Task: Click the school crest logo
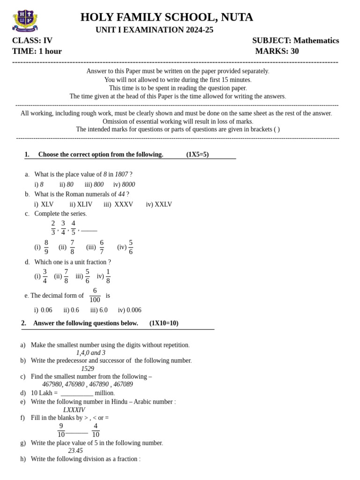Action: click(x=24, y=21)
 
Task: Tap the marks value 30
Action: click(x=294, y=51)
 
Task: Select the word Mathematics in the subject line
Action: click(x=316, y=41)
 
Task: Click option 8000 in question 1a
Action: click(x=128, y=185)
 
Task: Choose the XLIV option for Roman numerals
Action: click(x=84, y=204)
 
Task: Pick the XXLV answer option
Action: click(x=163, y=204)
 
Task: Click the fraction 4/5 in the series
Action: click(x=73, y=228)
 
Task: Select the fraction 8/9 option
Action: click(x=46, y=247)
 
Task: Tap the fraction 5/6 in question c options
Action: click(x=131, y=247)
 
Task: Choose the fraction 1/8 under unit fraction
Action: click(x=108, y=277)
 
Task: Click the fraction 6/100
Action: click(x=95, y=295)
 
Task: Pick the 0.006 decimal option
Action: click(x=133, y=310)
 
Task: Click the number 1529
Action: click(x=88, y=369)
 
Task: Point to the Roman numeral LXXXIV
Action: click(x=74, y=410)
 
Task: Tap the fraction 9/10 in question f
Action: click(x=61, y=430)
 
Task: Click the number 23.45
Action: click(x=75, y=451)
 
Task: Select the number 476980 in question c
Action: click(x=75, y=384)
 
